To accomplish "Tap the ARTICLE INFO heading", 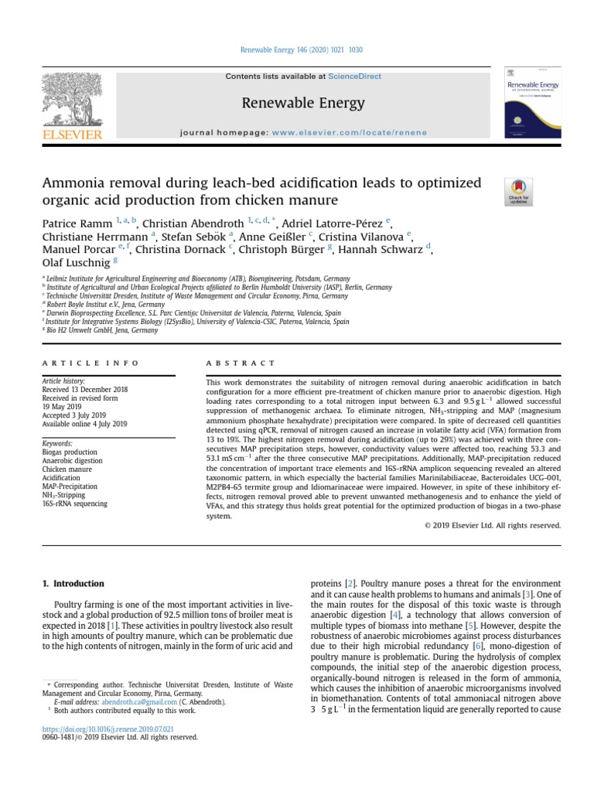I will click(x=90, y=362).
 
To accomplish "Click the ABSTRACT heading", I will click(x=240, y=362).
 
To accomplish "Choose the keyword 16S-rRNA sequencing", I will click(x=75, y=504).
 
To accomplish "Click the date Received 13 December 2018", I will click(x=85, y=389).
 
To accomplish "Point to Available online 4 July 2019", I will click(x=84, y=424).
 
